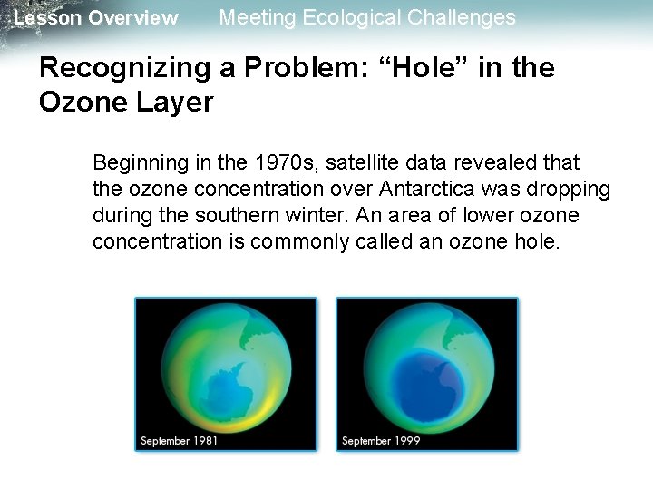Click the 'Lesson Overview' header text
click(x=96, y=18)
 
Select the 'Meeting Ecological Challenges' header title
click(x=367, y=17)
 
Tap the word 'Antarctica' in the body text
click(x=425, y=190)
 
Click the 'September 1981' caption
click(x=179, y=441)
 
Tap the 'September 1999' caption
click(x=380, y=441)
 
